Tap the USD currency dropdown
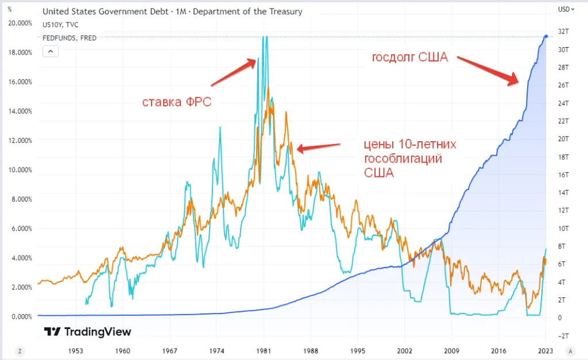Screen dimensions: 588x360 tap(566, 9)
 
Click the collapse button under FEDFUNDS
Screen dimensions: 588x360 tap(51, 51)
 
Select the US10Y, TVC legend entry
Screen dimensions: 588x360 tap(60, 25)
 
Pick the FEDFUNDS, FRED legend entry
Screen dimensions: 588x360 tap(69, 38)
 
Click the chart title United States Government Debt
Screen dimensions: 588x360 tap(106, 11)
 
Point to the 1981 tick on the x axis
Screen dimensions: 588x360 tap(264, 351)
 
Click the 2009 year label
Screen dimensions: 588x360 tap(451, 351)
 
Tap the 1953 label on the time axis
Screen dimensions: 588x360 tap(75, 351)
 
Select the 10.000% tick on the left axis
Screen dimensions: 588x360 tap(20, 170)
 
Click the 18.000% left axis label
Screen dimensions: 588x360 tap(20, 52)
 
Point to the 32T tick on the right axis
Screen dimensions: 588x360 tap(563, 32)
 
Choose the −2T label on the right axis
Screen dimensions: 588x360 tap(563, 336)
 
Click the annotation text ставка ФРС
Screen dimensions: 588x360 tap(177, 102)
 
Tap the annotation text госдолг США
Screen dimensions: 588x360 tap(410, 57)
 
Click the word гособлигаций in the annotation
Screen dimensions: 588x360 tap(403, 158)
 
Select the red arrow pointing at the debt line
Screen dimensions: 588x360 tap(488, 71)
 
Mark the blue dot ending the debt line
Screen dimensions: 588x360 tap(546, 36)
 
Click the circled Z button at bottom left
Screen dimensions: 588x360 tap(20, 351)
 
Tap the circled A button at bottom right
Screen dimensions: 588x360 tap(570, 351)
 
